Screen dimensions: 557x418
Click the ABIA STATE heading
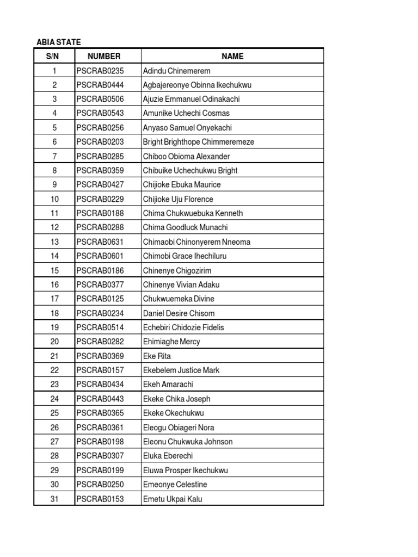[x=58, y=42]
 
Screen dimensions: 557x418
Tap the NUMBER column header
[x=104, y=56]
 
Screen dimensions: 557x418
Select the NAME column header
[x=232, y=56]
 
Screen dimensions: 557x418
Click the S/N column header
[x=54, y=56]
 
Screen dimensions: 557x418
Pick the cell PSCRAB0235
[x=100, y=71]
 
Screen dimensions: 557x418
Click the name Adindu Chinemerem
[x=176, y=71]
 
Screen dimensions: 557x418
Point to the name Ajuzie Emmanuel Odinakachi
[x=191, y=99]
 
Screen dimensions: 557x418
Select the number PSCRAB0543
[x=100, y=113]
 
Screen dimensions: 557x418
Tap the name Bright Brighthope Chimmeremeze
[x=198, y=142]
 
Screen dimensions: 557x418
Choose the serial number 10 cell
[x=54, y=199]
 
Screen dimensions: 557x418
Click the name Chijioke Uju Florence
[x=178, y=199]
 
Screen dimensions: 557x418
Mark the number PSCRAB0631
[x=100, y=242]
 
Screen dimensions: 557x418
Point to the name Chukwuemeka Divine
[x=179, y=299]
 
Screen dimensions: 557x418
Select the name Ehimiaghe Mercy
[x=171, y=342]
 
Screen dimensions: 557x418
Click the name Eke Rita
[x=157, y=356]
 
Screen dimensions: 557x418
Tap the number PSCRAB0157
[x=100, y=370]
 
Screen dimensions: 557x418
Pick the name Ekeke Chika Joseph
[x=176, y=399]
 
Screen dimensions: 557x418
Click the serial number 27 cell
[x=54, y=442]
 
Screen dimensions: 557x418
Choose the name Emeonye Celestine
[x=175, y=485]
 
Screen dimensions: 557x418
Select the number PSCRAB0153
[x=100, y=499]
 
